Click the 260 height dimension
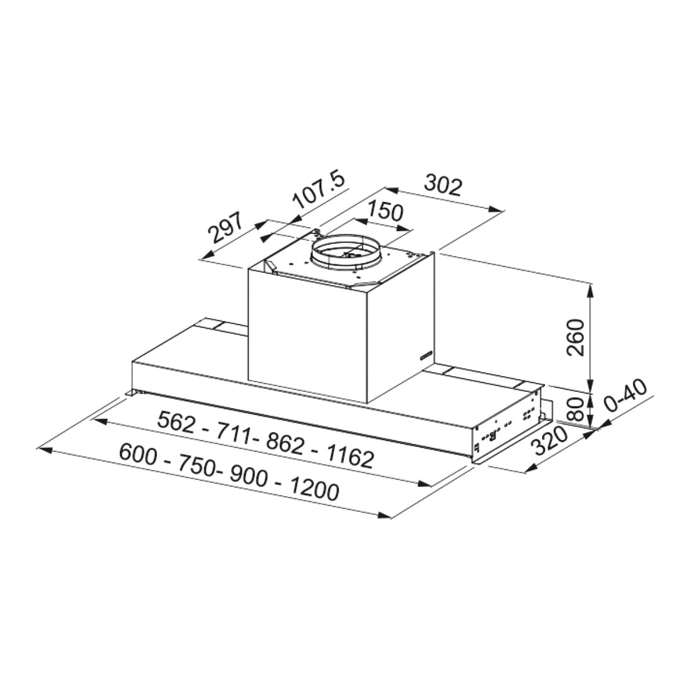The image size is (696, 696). click(576, 338)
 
